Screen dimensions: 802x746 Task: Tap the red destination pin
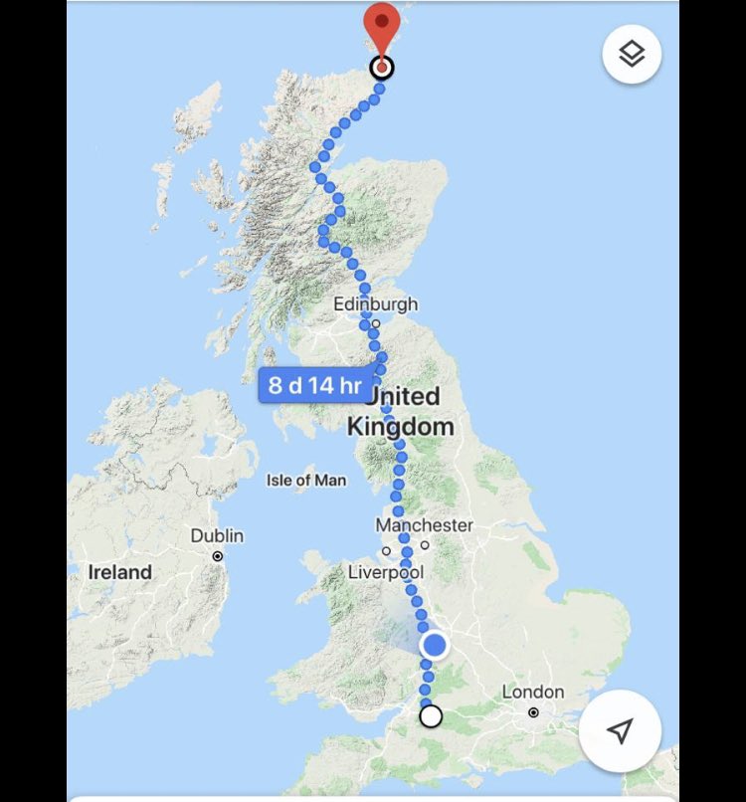(381, 25)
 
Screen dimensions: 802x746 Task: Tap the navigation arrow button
(620, 731)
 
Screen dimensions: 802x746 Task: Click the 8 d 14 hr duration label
(314, 385)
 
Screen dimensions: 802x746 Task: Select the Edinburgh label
(376, 303)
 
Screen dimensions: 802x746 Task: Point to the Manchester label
(425, 524)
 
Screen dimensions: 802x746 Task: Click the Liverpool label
(386, 572)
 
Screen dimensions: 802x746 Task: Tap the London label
(533, 692)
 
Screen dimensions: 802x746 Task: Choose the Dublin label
(217, 535)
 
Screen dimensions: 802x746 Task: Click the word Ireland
(120, 572)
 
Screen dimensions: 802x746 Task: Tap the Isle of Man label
(306, 480)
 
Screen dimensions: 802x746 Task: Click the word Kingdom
(400, 426)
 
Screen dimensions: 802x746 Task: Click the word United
(404, 396)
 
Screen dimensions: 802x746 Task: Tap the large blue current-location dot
(435, 645)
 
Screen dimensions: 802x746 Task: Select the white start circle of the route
(431, 715)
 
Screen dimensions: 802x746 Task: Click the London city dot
(534, 712)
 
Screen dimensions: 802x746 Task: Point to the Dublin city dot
(218, 555)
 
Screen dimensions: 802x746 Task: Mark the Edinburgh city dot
(376, 323)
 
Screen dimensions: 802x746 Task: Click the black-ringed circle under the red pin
(381, 68)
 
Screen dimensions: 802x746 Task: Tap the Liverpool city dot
(386, 551)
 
